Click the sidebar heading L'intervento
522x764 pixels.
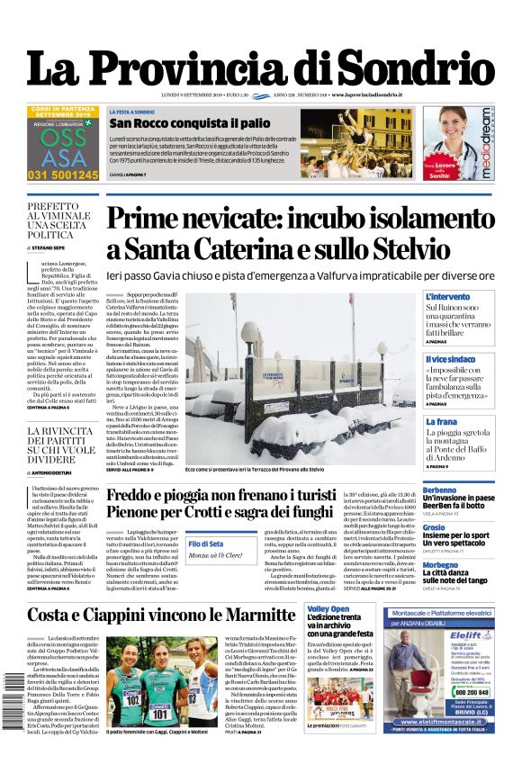point(446,297)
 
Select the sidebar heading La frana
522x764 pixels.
point(441,421)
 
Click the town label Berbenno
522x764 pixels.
point(440,490)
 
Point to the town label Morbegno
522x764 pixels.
point(440,565)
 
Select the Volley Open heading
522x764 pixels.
point(333,609)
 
